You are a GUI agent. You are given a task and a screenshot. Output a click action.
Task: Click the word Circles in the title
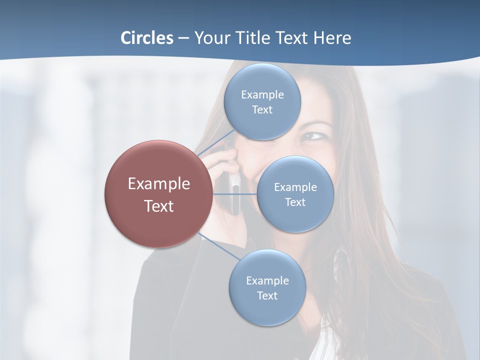coord(147,38)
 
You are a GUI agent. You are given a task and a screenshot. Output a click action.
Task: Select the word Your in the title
coord(210,38)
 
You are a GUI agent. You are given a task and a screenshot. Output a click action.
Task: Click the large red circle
coord(158,194)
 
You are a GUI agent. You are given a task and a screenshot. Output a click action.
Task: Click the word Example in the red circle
coord(158,184)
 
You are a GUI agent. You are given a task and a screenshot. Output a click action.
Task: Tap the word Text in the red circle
coord(158,206)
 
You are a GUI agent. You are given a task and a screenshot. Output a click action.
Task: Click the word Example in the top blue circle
coord(262,94)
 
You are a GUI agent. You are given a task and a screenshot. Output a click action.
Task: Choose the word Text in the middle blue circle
coord(295,202)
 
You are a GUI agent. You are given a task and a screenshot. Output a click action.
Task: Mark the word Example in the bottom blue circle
coord(267,280)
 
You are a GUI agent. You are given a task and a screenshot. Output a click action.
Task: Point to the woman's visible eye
coord(313,135)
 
